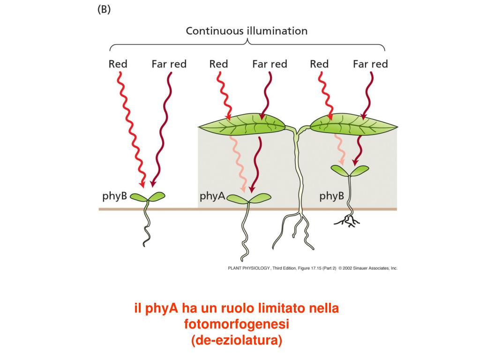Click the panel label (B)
[104, 10]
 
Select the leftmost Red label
[118, 64]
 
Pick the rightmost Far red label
[370, 64]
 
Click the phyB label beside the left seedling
[115, 196]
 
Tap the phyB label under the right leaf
[332, 196]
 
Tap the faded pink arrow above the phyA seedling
[237, 162]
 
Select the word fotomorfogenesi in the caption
[237, 324]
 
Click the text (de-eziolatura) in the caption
[237, 340]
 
